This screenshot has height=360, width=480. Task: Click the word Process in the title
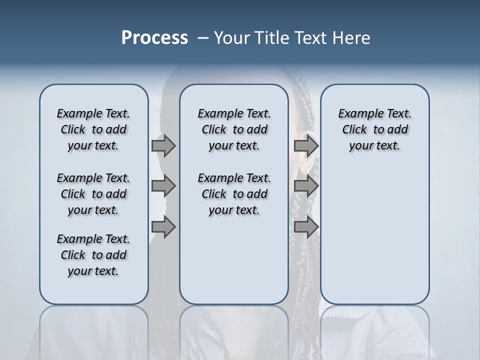point(154,38)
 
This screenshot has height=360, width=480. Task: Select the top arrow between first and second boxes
point(163,145)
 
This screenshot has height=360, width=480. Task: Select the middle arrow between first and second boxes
point(163,186)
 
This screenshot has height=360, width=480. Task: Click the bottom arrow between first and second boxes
point(163,227)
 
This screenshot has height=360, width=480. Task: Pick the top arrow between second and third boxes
point(305,145)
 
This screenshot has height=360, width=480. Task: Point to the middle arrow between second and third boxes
point(305,186)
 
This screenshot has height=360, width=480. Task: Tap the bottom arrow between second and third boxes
point(305,227)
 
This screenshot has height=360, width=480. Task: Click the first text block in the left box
point(93,129)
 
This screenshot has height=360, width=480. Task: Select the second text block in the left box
point(93,194)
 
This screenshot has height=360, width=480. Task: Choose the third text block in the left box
point(93,255)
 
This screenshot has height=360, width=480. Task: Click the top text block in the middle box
point(234,129)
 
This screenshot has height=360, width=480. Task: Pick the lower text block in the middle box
point(234,194)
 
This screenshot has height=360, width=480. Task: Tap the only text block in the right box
point(374,129)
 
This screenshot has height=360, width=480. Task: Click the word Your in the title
point(231,38)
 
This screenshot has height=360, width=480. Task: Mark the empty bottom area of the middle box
point(234,265)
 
